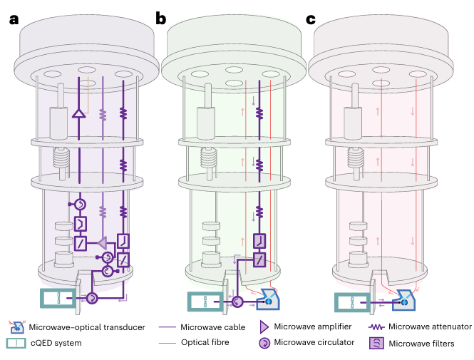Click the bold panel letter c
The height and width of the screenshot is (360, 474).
(311, 19)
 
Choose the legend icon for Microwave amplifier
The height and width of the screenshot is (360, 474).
(262, 327)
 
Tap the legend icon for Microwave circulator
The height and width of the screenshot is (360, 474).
(262, 343)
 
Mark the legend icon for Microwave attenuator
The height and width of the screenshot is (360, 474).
(374, 327)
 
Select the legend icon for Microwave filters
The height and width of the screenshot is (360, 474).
(374, 343)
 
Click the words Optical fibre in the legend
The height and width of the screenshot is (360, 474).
(205, 343)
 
